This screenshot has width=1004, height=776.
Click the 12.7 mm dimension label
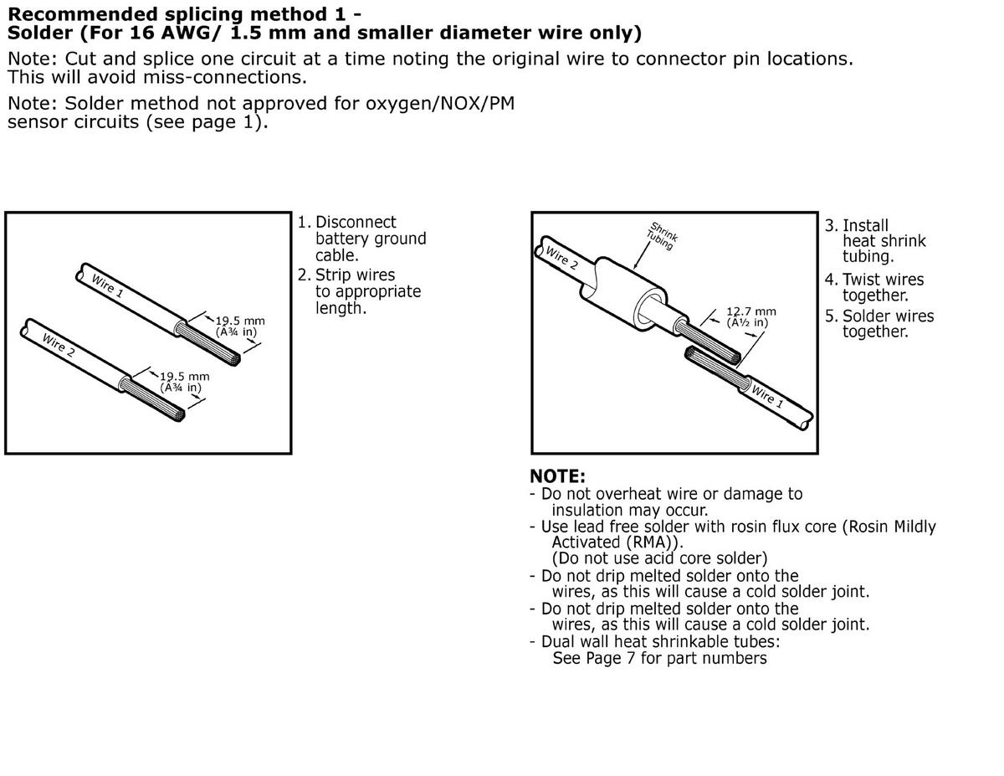point(750,311)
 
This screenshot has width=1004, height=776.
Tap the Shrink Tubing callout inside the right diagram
point(663,235)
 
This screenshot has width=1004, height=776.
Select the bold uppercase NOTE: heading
point(557,476)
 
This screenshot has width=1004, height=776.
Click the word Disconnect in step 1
point(356,223)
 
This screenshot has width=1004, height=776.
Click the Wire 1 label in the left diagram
point(106,285)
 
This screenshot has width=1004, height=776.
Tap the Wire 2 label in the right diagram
point(561,258)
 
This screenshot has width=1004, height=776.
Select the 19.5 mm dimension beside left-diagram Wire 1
point(240,321)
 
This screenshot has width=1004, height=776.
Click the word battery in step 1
point(341,239)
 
